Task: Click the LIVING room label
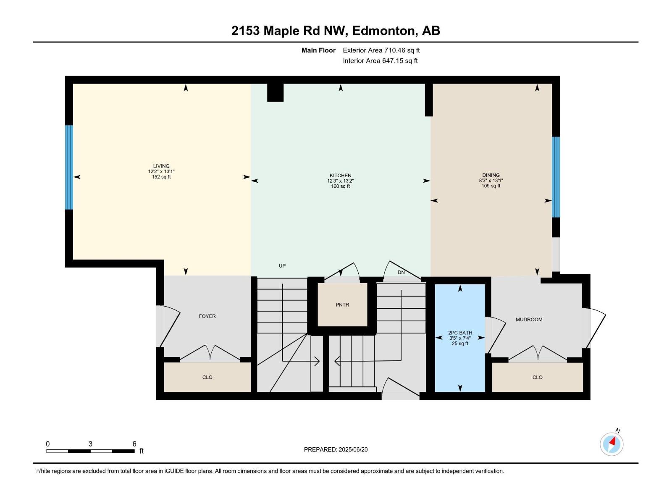coord(161,166)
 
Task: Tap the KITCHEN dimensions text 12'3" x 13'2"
coord(340,181)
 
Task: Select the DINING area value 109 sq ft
coord(491,186)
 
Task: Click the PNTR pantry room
coord(342,305)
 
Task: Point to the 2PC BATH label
coord(460,333)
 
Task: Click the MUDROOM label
coord(529,320)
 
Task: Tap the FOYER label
coord(207,316)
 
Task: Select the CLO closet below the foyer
coord(207,377)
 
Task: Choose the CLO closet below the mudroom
coord(537,377)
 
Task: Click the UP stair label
coord(282,266)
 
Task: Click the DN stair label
coord(401,273)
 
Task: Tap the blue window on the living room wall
coord(69,167)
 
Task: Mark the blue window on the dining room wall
coord(556,177)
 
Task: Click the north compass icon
coord(612,444)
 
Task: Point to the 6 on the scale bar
coord(134,444)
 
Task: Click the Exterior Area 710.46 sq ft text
coord(381,50)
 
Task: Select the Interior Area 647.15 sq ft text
coord(380,61)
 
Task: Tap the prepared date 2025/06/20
coord(353,449)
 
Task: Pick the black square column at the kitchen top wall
coord(276,92)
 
